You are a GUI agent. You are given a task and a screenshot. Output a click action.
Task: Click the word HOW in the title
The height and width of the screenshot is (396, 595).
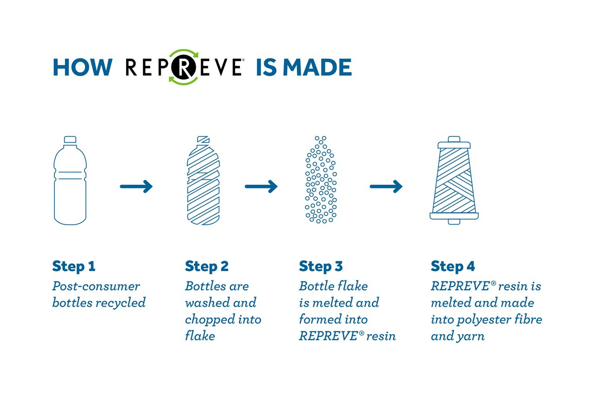coord(83,67)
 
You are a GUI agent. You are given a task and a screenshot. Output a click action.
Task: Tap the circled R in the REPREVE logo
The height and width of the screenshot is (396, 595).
coord(184,67)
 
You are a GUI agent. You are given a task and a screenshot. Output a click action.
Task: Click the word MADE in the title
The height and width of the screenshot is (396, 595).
coord(317,67)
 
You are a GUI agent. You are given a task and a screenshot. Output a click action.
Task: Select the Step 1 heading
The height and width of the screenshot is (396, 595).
coord(74,266)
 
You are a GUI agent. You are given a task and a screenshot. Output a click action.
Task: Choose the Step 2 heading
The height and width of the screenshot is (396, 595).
coord(207,266)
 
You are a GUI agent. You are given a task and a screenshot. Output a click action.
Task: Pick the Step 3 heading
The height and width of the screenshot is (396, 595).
coord(321,266)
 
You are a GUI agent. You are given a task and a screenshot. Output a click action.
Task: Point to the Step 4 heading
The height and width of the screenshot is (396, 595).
coord(453,266)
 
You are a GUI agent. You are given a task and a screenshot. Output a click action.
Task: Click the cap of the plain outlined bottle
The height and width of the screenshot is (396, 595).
coord(70,140)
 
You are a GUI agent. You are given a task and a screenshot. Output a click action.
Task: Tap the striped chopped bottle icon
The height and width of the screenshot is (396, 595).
coord(204,181)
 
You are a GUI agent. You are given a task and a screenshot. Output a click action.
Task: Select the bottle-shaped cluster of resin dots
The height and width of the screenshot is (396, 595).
coord(321,180)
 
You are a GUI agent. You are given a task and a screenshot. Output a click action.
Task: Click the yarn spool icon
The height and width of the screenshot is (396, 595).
coord(454,181)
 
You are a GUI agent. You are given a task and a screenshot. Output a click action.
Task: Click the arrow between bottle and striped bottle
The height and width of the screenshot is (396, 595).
coord(136,187)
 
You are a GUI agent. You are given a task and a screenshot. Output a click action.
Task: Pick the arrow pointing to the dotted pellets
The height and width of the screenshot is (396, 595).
coord(261,187)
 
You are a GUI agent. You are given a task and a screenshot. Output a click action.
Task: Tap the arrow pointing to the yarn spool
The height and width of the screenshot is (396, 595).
coord(386,187)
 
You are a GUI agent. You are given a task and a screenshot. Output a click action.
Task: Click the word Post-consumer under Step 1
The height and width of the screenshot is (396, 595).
coord(96,286)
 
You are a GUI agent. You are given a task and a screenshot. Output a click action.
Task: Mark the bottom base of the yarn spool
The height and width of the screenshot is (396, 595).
coord(454,216)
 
